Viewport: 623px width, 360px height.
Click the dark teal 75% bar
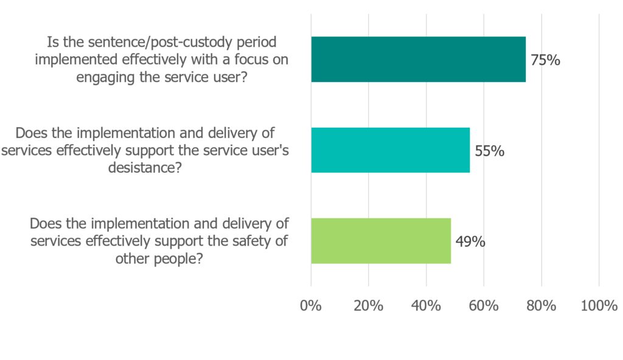click(x=418, y=59)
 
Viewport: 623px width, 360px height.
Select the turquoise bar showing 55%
click(x=390, y=150)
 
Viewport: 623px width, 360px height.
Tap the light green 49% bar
click(x=381, y=241)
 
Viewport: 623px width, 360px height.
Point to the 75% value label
click(x=545, y=60)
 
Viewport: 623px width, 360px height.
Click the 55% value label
click(x=489, y=151)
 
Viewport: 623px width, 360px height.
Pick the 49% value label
click(x=470, y=241)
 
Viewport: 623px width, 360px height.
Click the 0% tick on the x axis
click(x=311, y=306)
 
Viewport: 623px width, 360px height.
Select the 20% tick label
click(x=368, y=306)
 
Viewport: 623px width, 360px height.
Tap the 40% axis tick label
click(x=426, y=306)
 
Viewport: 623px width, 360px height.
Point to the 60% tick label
click(x=484, y=306)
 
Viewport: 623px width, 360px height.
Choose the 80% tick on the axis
click(x=541, y=306)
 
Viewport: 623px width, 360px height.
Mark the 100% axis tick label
click(x=599, y=306)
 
